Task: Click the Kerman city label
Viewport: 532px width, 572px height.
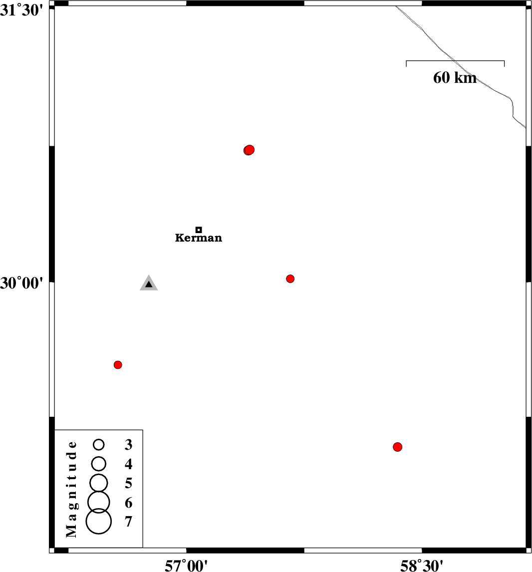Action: click(198, 238)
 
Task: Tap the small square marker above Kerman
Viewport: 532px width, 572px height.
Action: click(199, 230)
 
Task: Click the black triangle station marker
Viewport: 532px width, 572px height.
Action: click(149, 284)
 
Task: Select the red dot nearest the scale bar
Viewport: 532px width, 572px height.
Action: click(249, 150)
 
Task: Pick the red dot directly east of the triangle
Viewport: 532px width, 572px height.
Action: click(290, 279)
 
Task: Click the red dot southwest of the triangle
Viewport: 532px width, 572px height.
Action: click(118, 365)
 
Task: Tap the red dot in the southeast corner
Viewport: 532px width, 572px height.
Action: click(397, 447)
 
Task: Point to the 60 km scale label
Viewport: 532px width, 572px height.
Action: click(455, 78)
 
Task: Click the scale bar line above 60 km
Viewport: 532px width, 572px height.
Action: click(455, 61)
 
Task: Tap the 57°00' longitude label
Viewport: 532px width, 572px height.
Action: click(186, 566)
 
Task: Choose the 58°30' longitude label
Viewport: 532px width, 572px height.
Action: click(422, 566)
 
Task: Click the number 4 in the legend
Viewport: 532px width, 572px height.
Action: click(128, 464)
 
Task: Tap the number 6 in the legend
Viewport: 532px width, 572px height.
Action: click(128, 503)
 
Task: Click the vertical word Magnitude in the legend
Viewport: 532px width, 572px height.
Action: click(72, 489)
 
